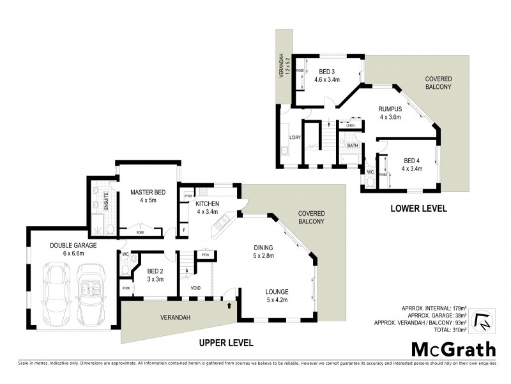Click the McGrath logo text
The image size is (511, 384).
tap(453, 349)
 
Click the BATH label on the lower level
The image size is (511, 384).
tap(352, 146)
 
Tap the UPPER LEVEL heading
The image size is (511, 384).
tap(225, 343)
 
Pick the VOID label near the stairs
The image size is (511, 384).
tap(195, 288)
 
